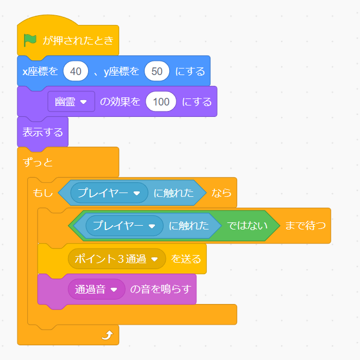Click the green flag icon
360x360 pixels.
point(30,40)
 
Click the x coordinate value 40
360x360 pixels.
point(76,71)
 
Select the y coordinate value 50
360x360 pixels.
point(157,71)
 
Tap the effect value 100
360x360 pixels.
point(161,102)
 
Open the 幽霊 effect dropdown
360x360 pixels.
point(71,102)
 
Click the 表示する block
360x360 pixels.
point(43,132)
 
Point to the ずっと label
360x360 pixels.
point(38,163)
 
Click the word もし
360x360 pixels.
point(43,193)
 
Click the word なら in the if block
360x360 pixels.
point(221,193)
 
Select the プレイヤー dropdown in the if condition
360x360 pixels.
point(109,193)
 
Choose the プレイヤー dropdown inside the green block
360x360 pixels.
point(125,226)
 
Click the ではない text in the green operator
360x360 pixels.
point(247,226)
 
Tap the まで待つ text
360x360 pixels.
point(306,226)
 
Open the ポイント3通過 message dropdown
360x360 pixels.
point(117,259)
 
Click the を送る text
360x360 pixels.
point(186,259)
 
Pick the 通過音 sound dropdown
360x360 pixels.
point(97,289)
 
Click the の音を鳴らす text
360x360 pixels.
point(161,289)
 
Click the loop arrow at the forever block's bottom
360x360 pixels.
point(107,335)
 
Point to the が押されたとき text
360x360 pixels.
point(78,41)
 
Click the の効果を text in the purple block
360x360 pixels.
point(120,102)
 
